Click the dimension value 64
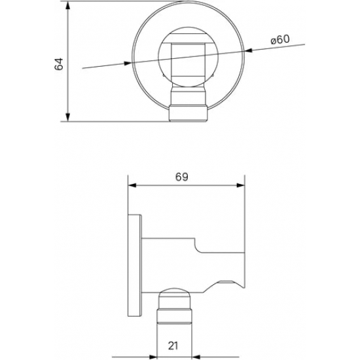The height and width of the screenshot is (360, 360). (59, 63)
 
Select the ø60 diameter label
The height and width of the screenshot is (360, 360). (279, 40)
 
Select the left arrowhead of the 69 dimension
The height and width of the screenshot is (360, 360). (131, 186)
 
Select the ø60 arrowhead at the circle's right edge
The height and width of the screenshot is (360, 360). (249, 50)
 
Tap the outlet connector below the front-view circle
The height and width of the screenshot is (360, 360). (189, 111)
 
